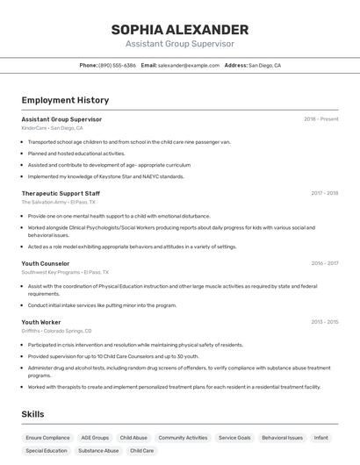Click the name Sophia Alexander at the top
point(179,30)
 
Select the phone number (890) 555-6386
point(117,65)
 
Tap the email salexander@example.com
point(188,65)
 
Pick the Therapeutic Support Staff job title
point(61,193)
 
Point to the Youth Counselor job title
point(45,263)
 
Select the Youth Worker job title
point(41,322)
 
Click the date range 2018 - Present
point(321,119)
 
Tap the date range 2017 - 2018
point(324,193)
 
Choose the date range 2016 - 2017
point(324,263)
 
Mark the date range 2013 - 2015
point(324,322)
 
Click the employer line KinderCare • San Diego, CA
point(53,128)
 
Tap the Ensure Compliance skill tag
point(47,437)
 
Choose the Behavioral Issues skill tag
point(282,437)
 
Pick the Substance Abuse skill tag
point(98,450)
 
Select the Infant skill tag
point(321,437)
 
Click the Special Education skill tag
point(47,450)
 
